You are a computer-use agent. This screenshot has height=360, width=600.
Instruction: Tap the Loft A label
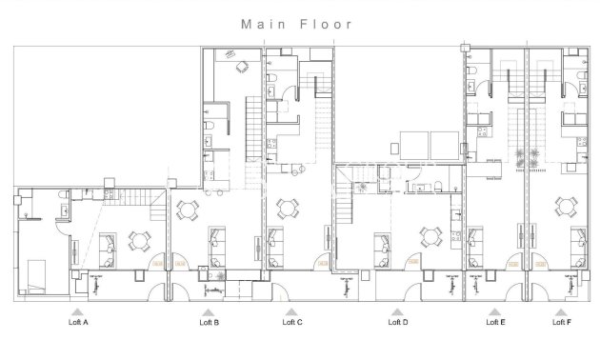pyautogui.click(x=78, y=323)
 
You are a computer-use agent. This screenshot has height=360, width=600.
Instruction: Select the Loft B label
pyautogui.click(x=209, y=323)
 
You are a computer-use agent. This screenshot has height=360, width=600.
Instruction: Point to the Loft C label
pyautogui.click(x=292, y=323)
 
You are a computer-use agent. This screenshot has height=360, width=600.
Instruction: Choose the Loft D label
pyautogui.click(x=398, y=323)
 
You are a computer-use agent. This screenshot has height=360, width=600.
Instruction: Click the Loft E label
pyautogui.click(x=495, y=323)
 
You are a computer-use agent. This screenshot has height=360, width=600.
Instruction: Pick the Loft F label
pyautogui.click(x=562, y=323)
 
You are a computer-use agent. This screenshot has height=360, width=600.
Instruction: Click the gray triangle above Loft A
pyautogui.click(x=78, y=311)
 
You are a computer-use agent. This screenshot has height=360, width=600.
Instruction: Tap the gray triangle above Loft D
pyautogui.click(x=398, y=311)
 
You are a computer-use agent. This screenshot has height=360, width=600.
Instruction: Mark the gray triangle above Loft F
pyautogui.click(x=562, y=311)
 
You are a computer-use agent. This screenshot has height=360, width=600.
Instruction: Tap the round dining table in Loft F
pyautogui.click(x=569, y=205)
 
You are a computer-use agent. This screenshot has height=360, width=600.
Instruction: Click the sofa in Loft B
pyautogui.click(x=216, y=238)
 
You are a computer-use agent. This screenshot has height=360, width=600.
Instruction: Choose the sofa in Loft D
pyautogui.click(x=382, y=240)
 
